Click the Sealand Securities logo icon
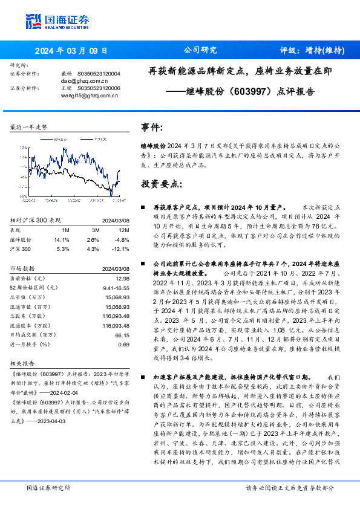tap(33, 19)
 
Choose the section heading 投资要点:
tap(160, 183)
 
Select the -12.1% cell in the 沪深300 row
tap(122, 248)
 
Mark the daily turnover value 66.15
tap(122, 334)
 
